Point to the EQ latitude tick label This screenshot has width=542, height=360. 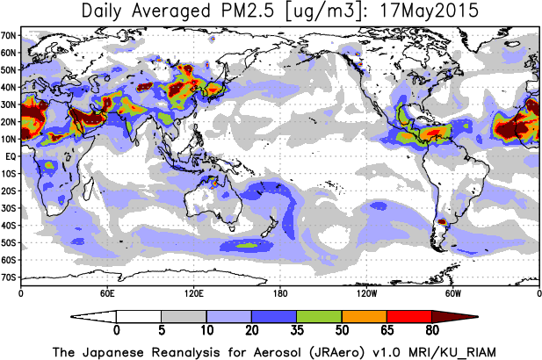point(11,156)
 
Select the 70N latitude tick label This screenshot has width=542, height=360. point(10,35)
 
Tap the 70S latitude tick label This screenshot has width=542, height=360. point(10,277)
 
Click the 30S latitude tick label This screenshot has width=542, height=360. point(10,208)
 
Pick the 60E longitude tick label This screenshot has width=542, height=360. point(107,292)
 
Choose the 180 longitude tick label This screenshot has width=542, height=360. point(279,292)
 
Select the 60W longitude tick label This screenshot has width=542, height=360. point(452,292)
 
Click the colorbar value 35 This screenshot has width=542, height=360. point(297,331)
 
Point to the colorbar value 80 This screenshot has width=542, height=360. point(432,331)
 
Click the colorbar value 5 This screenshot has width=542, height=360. point(161,331)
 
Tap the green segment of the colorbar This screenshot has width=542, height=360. point(319,315)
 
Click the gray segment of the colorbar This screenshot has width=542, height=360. point(184,315)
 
